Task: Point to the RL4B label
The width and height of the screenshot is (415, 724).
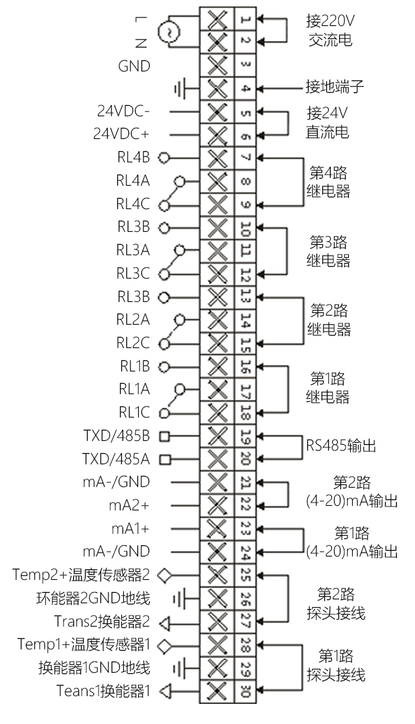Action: pos(134,158)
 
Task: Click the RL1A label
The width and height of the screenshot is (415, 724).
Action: pos(134,390)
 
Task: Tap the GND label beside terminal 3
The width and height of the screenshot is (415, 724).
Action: pos(134,66)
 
